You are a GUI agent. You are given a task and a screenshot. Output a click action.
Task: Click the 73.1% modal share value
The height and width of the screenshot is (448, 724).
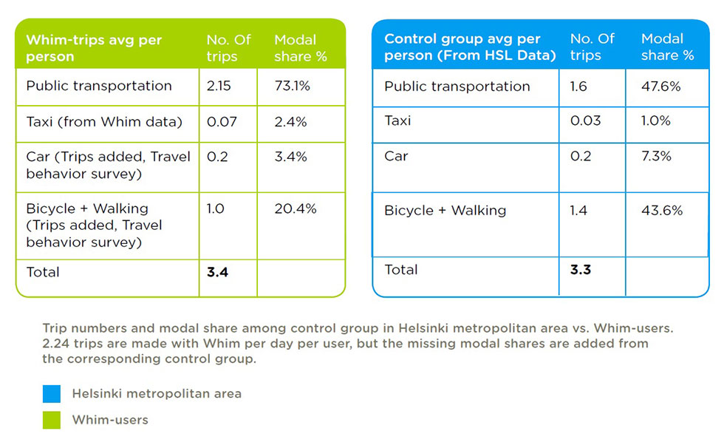click(293, 86)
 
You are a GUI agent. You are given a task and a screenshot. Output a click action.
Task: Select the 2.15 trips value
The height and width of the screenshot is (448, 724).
click(219, 86)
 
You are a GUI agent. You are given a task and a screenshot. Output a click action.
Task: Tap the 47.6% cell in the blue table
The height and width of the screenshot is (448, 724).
click(660, 86)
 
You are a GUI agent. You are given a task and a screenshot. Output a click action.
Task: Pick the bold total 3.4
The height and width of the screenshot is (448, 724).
click(217, 272)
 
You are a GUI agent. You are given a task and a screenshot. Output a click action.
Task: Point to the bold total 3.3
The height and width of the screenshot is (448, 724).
click(581, 270)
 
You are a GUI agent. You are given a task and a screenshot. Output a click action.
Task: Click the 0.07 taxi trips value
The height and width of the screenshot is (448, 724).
click(222, 122)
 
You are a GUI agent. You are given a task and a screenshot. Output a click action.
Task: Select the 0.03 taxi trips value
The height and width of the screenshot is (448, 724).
click(585, 121)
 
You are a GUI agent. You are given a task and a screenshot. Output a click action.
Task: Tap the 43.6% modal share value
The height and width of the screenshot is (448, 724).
click(662, 211)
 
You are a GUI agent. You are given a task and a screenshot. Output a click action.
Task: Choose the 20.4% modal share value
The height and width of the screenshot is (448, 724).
click(296, 208)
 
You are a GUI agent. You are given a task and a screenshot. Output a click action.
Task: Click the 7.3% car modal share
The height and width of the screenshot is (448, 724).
click(656, 156)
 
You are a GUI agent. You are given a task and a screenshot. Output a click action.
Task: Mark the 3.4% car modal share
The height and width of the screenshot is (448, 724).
click(291, 157)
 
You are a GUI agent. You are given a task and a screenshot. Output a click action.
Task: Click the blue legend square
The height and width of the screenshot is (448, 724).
click(51, 394)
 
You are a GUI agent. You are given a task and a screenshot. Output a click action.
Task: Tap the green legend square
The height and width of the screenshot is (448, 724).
click(51, 421)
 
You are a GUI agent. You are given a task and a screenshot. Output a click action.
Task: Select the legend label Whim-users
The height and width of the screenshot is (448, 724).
click(110, 420)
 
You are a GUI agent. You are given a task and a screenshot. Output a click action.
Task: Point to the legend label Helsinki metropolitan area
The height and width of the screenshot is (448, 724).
click(157, 393)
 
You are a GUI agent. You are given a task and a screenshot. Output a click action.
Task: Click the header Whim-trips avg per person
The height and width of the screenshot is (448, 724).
click(95, 48)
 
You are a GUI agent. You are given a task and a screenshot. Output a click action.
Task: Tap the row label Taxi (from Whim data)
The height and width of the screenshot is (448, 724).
click(104, 122)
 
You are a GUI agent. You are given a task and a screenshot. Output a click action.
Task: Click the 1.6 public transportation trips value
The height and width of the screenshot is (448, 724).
click(578, 86)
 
